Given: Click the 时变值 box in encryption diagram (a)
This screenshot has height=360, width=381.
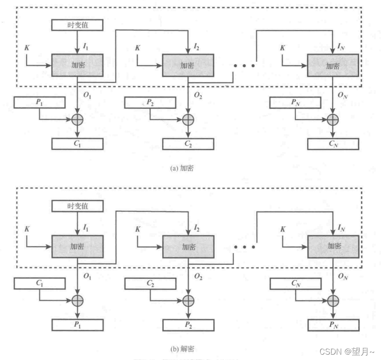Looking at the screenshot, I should pyautogui.click(x=77, y=25).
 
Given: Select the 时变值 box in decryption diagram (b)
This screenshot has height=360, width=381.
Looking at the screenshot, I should pyautogui.click(x=77, y=206).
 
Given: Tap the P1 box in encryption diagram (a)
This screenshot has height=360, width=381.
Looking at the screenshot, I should pyautogui.click(x=39, y=103).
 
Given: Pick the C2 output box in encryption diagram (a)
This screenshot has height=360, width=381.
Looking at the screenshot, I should pyautogui.click(x=188, y=144).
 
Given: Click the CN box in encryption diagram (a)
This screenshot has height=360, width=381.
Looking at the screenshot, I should pyautogui.click(x=333, y=144).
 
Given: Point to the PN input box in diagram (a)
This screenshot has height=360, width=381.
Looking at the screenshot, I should pyautogui.click(x=295, y=103).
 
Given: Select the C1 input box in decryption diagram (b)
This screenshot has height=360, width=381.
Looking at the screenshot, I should pyautogui.click(x=39, y=283).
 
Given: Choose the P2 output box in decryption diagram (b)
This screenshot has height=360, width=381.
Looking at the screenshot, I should pyautogui.click(x=188, y=324).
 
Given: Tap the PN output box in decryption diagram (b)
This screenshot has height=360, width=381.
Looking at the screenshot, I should pyautogui.click(x=333, y=324).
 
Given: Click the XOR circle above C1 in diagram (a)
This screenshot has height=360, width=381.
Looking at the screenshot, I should pyautogui.click(x=78, y=120).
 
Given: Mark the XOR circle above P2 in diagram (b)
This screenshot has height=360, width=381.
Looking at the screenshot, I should pyautogui.click(x=188, y=300).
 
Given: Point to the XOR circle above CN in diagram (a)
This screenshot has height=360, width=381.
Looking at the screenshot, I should pyautogui.click(x=333, y=120).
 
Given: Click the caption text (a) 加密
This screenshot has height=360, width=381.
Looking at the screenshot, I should pyautogui.click(x=182, y=168).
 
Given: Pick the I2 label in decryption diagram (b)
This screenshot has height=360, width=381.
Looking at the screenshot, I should pyautogui.click(x=196, y=228).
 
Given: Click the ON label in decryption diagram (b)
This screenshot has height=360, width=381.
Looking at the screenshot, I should pyautogui.click(x=343, y=277).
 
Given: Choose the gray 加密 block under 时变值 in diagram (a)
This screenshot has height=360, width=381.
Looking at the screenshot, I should pyautogui.click(x=77, y=65).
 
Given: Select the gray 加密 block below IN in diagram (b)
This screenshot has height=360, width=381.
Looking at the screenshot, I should pyautogui.click(x=333, y=246).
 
